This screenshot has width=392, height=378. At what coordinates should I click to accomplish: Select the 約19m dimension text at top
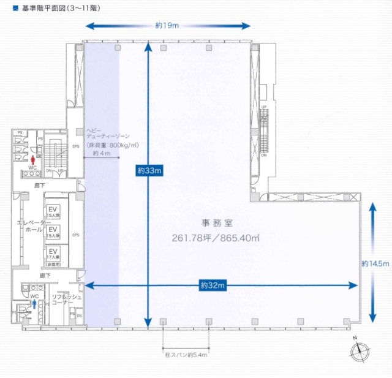coord(167,26)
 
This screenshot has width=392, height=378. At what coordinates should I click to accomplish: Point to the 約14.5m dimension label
coord(375,263)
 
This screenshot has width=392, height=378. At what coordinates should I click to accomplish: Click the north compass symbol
coord(357,351)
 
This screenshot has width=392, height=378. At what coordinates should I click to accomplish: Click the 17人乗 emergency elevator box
coord(53,254)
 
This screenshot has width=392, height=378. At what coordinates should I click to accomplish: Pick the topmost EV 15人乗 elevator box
coord(53,210)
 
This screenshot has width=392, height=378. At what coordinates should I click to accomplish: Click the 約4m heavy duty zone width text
coord(101,154)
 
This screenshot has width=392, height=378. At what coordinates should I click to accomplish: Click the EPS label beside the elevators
coord(76,235)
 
